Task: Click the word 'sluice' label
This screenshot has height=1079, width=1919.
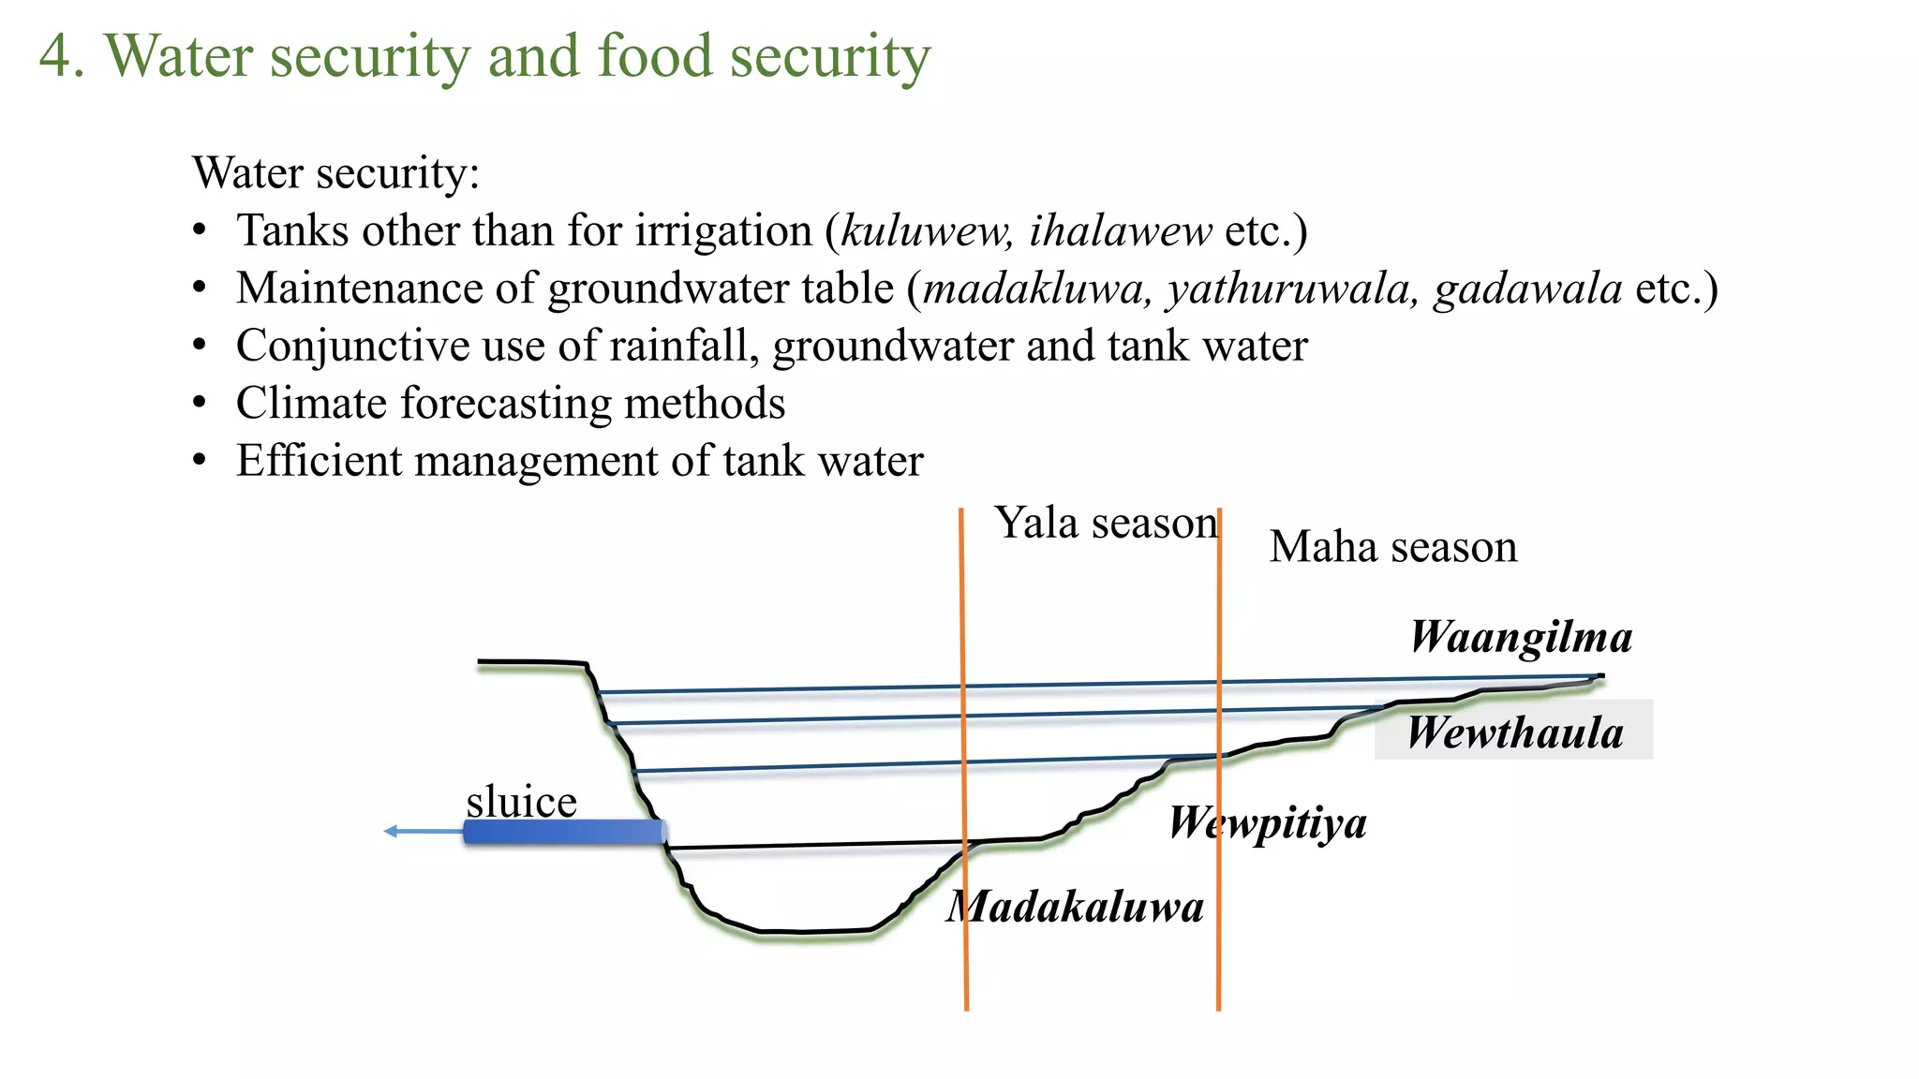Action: [521, 802]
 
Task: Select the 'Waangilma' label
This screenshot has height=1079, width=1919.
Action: [1521, 637]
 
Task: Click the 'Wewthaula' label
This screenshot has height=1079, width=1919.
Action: [1514, 732]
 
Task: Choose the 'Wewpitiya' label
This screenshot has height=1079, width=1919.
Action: [1268, 823]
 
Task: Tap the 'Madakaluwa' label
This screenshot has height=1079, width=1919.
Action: [1075, 907]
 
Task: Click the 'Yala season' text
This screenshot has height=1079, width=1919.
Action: [1106, 523]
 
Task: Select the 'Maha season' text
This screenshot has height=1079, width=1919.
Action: [1392, 546]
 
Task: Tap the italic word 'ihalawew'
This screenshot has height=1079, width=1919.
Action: [1121, 230]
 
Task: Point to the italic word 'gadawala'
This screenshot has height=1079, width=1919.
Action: [1527, 288]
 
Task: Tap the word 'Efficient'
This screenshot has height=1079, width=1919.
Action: [319, 460]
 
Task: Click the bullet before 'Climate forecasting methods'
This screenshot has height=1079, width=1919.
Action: [199, 404]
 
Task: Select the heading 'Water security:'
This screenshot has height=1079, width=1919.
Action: [335, 173]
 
